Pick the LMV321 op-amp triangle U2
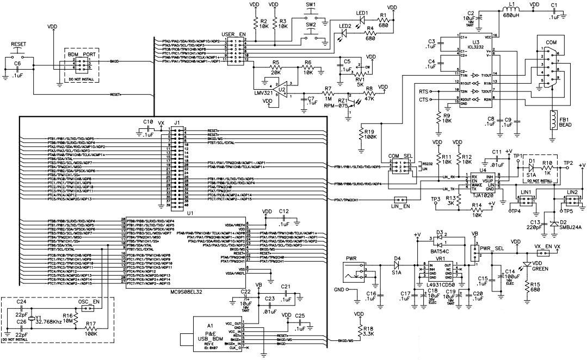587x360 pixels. click(x=283, y=87)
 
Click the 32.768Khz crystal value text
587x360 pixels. click(x=53, y=322)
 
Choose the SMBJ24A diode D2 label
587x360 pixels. click(x=569, y=228)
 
